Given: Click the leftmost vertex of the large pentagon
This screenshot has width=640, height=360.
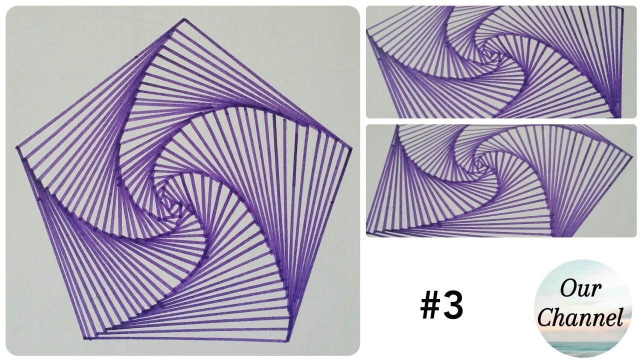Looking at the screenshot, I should [x=17, y=148].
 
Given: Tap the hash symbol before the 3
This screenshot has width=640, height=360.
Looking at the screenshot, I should [x=429, y=306].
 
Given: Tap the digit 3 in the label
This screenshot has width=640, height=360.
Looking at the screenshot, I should [x=453, y=306].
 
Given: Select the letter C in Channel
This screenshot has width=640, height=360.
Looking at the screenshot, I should [x=545, y=317].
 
